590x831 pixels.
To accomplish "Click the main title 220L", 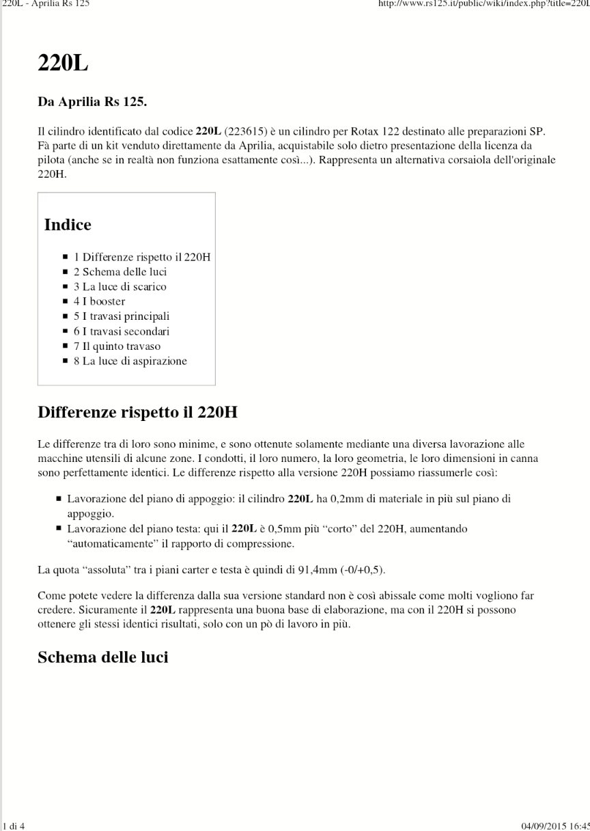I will point(63,64).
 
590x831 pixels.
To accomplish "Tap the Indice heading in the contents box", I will point(68,224).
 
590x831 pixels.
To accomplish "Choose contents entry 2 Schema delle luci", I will point(120,272).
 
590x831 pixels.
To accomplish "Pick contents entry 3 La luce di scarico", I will point(120,287).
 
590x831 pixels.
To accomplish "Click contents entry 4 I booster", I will point(99,301).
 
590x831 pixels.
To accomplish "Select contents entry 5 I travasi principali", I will point(122,316).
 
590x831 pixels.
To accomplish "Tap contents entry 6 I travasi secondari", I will point(122,331).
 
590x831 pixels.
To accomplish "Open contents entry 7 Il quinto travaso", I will point(117,346).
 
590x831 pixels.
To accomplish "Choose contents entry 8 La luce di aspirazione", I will point(130,361).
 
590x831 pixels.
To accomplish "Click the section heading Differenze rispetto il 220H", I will point(137,413).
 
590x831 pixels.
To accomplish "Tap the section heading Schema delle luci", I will point(102,657).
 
